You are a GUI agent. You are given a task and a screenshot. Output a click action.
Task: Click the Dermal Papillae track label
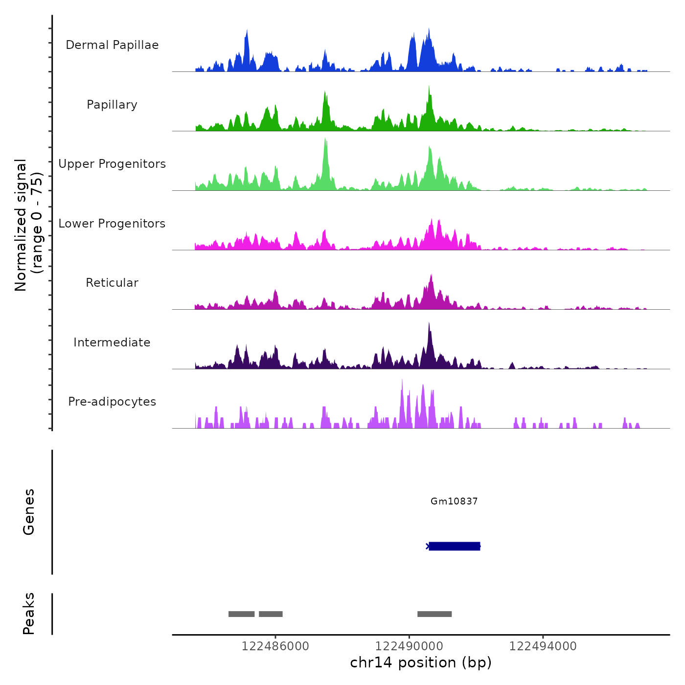click(x=112, y=45)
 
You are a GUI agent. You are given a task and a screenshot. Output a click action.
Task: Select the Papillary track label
click(x=112, y=105)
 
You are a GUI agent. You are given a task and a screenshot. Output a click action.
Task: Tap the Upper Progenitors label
click(x=112, y=164)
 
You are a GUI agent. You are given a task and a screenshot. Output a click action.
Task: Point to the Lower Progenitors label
click(x=112, y=224)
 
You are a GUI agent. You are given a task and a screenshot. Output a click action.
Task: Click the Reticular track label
click(x=112, y=283)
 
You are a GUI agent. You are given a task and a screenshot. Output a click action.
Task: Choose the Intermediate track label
click(x=112, y=342)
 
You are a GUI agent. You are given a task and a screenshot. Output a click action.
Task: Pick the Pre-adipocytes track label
click(x=112, y=402)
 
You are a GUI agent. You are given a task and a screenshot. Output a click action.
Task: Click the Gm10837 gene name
click(x=454, y=501)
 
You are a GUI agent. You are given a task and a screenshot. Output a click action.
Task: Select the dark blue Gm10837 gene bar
click(x=454, y=546)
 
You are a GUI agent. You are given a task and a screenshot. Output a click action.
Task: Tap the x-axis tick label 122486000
click(x=275, y=646)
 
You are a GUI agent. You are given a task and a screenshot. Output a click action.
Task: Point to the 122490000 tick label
click(x=409, y=646)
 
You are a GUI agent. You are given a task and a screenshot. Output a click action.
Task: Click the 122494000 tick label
click(x=543, y=646)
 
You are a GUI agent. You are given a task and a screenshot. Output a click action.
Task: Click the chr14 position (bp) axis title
click(x=421, y=662)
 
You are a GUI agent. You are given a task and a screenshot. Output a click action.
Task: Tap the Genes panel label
click(x=29, y=512)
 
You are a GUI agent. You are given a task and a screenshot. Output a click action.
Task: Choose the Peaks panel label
click(x=29, y=614)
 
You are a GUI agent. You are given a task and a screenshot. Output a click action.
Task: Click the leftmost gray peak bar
click(x=241, y=614)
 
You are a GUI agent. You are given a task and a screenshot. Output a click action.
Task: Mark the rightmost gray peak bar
click(x=434, y=614)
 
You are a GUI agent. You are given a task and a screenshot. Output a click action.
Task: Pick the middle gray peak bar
click(x=271, y=614)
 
